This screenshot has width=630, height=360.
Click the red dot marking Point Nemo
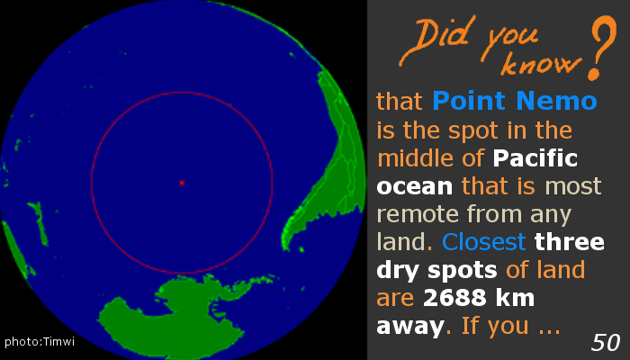point(182,183)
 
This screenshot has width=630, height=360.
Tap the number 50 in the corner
point(606,343)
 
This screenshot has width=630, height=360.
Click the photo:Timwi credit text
point(40,341)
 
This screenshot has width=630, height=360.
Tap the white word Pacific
point(535,157)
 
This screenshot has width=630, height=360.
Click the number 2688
point(453,298)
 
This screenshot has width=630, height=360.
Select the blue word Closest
point(484,242)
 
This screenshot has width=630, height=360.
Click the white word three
point(570,242)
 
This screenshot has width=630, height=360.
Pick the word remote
point(418,214)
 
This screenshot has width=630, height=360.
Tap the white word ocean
point(415,187)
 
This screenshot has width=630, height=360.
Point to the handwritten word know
point(540,63)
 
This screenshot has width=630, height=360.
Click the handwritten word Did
point(435,40)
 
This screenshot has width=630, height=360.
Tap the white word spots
point(462,271)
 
